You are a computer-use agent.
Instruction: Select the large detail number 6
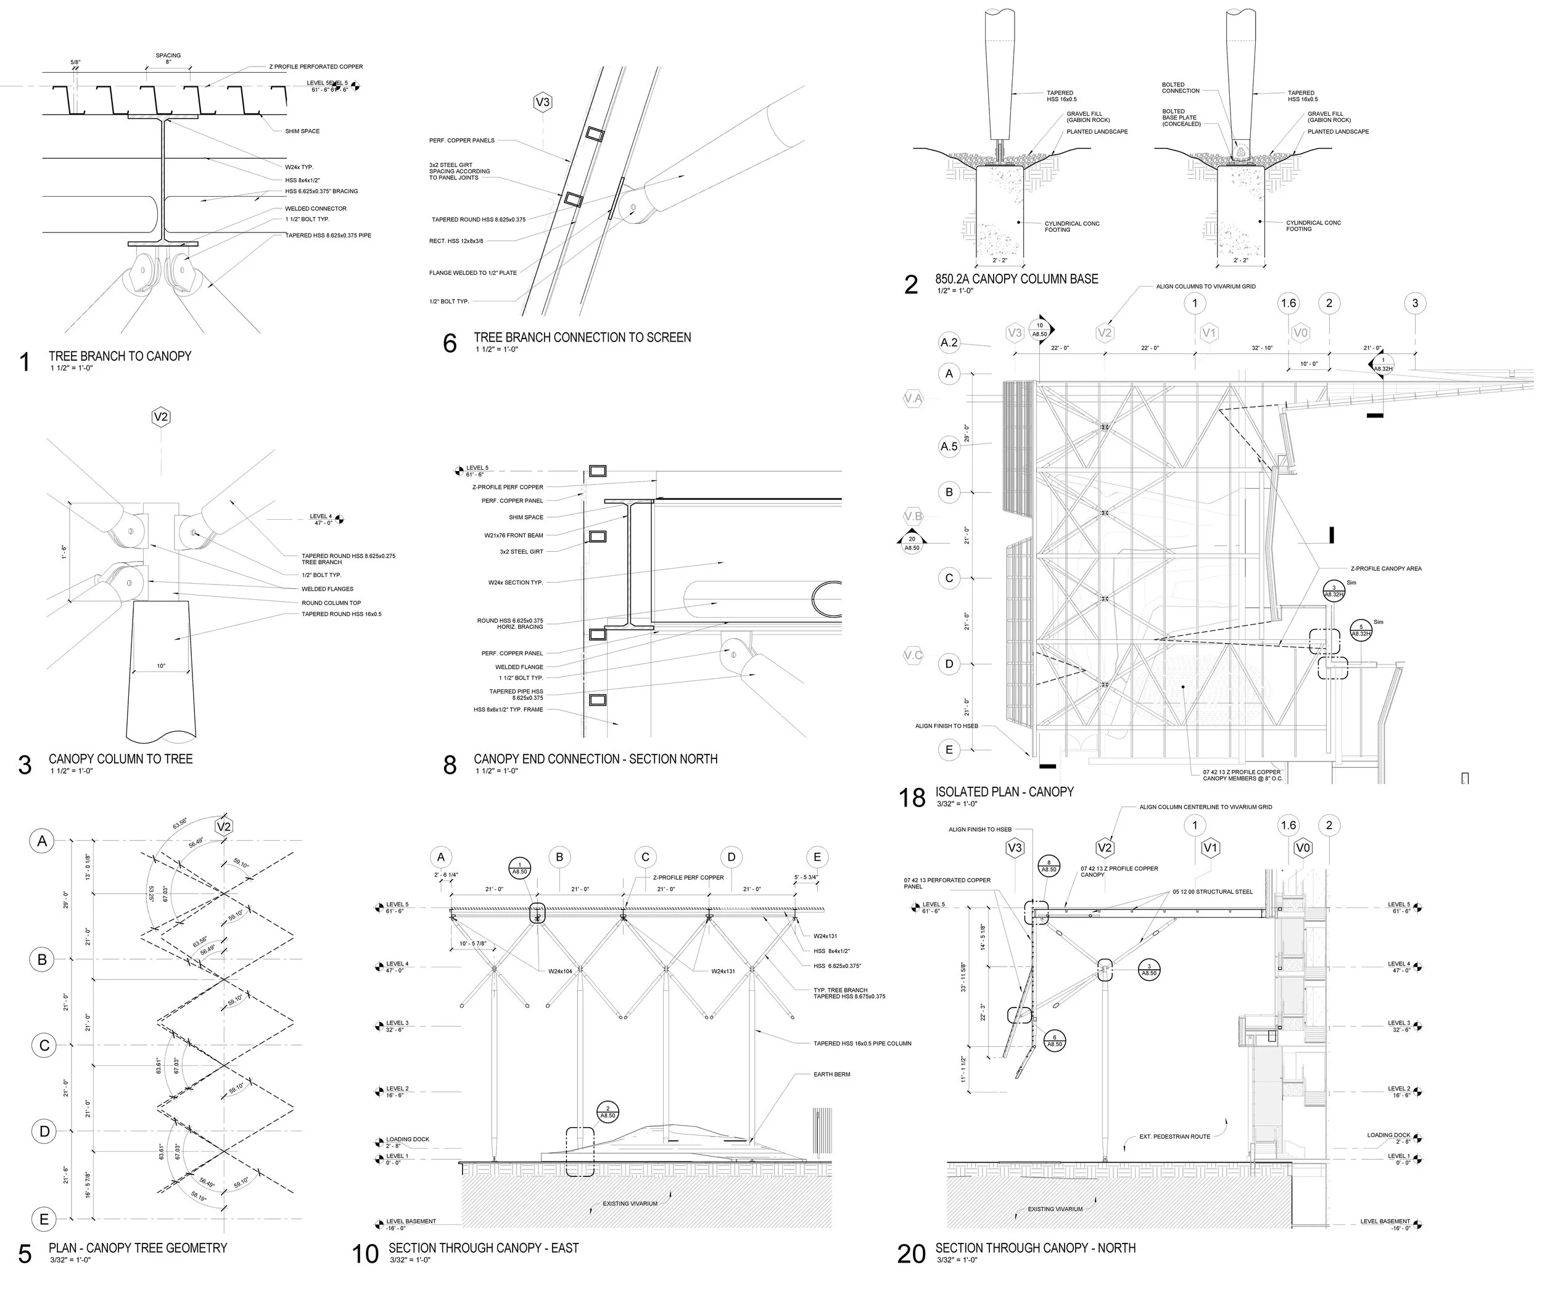pyautogui.click(x=450, y=343)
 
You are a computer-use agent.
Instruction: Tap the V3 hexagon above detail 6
pyautogui.click(x=543, y=102)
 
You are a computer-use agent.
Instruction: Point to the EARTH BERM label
pyautogui.click(x=831, y=1075)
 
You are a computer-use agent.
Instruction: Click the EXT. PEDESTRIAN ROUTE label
pyautogui.click(x=1174, y=1137)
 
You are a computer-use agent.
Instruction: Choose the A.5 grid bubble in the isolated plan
pyautogui.click(x=949, y=446)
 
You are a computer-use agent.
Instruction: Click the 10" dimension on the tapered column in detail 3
pyautogui.click(x=161, y=666)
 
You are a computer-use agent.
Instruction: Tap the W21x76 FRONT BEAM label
pyautogui.click(x=513, y=535)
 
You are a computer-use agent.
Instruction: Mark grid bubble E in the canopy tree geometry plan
pyautogui.click(x=43, y=1219)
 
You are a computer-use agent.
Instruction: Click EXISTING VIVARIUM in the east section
pyautogui.click(x=630, y=1203)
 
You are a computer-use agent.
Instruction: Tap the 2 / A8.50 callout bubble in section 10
pyautogui.click(x=608, y=1111)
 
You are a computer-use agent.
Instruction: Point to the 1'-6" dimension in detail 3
pyautogui.click(x=64, y=552)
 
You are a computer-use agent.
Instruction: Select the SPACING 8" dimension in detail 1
pyautogui.click(x=168, y=59)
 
